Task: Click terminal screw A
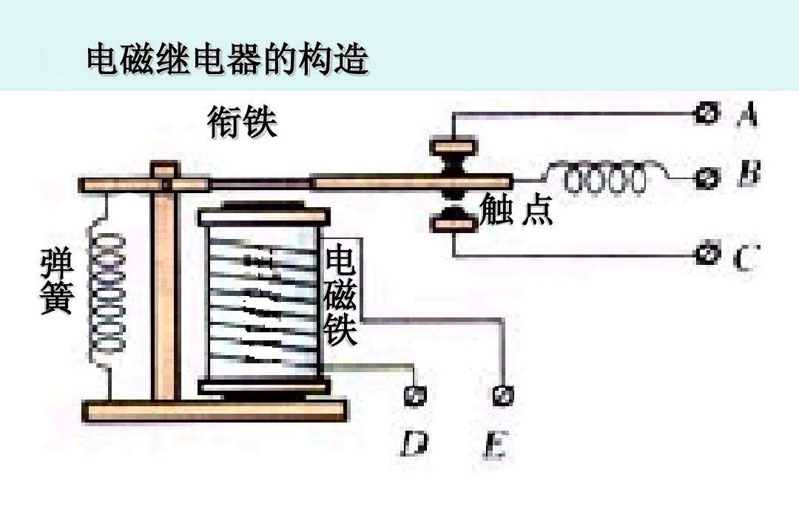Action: click(707, 113)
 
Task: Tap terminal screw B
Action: click(708, 178)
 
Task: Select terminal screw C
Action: click(707, 254)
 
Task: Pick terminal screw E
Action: click(503, 395)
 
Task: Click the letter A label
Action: click(747, 115)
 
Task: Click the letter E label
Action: click(494, 446)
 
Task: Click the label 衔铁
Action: click(242, 123)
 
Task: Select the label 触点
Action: click(516, 209)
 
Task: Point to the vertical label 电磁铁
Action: click(341, 296)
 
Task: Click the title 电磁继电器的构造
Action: click(227, 59)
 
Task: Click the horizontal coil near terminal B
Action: click(605, 178)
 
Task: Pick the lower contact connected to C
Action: click(454, 220)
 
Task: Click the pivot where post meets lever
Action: click(165, 181)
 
